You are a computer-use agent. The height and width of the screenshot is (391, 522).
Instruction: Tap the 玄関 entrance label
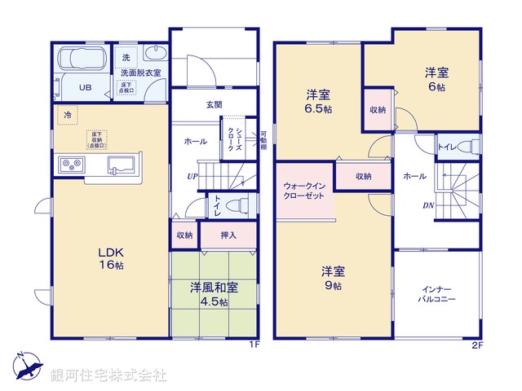(x=214, y=104)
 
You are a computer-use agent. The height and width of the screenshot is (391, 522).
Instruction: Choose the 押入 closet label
(x=230, y=235)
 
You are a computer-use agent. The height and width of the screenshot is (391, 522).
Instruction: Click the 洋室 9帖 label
(x=331, y=277)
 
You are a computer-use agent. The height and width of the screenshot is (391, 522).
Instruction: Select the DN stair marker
(x=427, y=204)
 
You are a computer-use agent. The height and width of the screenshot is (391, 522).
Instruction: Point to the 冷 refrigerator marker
(x=68, y=115)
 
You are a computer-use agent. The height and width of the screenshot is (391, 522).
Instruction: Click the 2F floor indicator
(x=477, y=345)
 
